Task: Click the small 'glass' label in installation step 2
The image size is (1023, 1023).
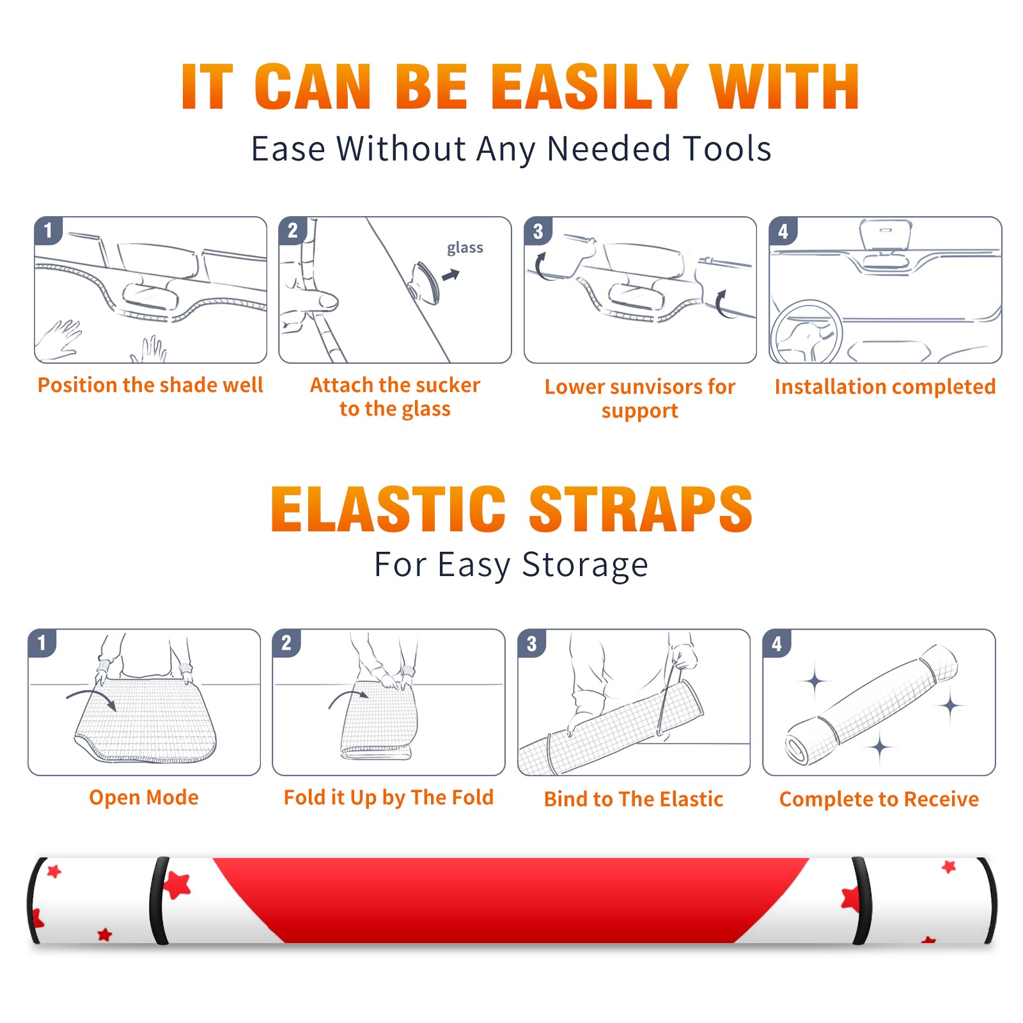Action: pos(465,248)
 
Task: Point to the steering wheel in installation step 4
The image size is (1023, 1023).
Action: pos(806,332)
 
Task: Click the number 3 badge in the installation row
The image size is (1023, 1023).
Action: pos(538,231)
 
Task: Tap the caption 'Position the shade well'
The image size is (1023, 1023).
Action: pos(150,385)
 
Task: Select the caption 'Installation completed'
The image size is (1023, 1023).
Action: pos(885,387)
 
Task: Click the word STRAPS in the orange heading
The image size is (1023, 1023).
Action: pos(641,509)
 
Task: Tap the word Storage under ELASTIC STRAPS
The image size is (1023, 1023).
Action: pos(585,565)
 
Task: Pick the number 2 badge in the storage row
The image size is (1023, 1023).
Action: pos(286,643)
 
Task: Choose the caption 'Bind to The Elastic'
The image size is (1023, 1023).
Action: pos(634,799)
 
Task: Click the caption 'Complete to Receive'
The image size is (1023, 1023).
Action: pos(879,799)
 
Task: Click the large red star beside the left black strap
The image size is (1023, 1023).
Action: pos(177,886)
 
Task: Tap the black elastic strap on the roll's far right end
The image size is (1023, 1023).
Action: pos(989,900)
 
